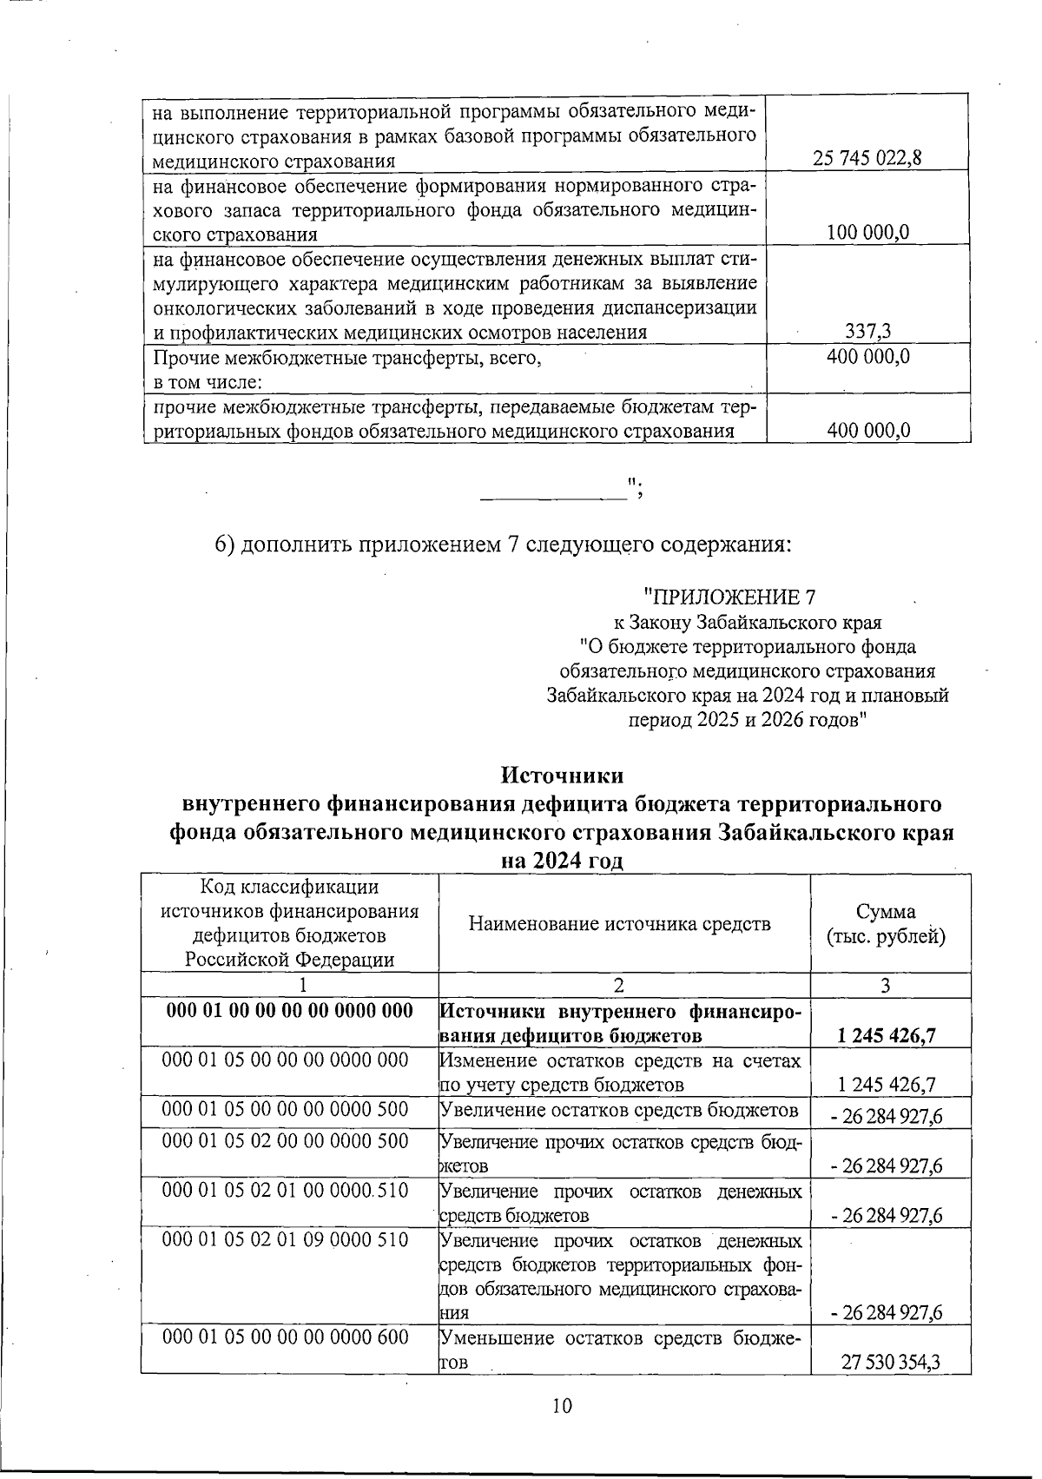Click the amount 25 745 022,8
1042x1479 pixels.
pos(867,158)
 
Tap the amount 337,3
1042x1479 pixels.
pos(868,330)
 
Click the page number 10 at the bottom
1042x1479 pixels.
pos(562,1406)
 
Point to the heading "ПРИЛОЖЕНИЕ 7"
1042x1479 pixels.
pos(729,598)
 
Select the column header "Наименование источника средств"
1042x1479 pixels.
pos(619,924)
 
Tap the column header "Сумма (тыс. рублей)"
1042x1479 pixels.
pos(886,924)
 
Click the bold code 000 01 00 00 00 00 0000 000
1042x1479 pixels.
pos(288,1011)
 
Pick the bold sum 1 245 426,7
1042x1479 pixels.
pos(886,1035)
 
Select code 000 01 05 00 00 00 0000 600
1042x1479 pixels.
pos(286,1337)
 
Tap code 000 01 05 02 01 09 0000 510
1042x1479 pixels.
pos(286,1238)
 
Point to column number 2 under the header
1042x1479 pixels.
pos(618,985)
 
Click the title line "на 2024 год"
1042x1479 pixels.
pos(562,862)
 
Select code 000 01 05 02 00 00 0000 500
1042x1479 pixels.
pos(286,1140)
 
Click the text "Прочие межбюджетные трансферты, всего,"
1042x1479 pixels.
pos(346,357)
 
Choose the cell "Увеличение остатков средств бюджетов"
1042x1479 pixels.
pos(619,1110)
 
